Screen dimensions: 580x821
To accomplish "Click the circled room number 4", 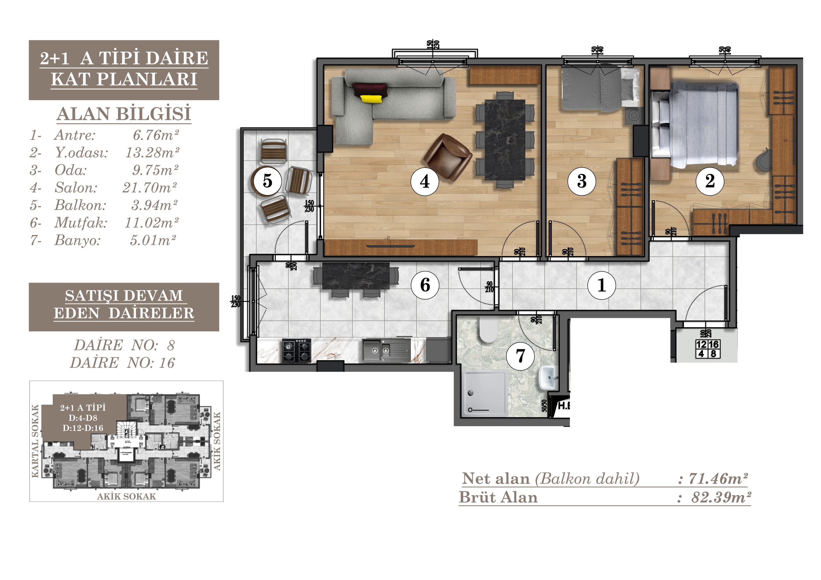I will pos(424,182).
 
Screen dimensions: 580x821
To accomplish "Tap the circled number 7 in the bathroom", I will pos(520,356).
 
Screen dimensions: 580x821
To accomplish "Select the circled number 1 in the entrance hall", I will pos(602,285).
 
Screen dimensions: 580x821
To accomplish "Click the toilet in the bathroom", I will pos(488,331).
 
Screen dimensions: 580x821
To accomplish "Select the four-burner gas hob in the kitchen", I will pos(297,351).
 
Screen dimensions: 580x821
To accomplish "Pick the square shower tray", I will pos(486,393).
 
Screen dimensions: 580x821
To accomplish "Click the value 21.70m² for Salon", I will pos(149,187).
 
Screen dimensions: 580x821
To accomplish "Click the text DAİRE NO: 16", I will pos(122,363).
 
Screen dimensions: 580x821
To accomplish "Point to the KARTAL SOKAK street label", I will pos(35,441).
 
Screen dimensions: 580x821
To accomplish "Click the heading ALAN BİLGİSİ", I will pos(124,114).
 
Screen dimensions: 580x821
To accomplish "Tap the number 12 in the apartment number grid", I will pos(701,344).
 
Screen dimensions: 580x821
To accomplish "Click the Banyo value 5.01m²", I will pos(153,240).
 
